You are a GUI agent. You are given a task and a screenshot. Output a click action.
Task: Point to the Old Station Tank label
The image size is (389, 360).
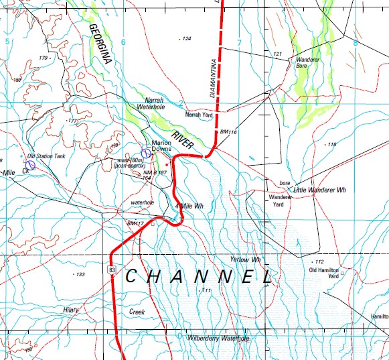(x=46, y=156)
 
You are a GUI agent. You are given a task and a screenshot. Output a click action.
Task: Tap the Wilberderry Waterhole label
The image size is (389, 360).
(x=218, y=339)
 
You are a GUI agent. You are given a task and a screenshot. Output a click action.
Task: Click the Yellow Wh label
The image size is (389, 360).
(x=244, y=259)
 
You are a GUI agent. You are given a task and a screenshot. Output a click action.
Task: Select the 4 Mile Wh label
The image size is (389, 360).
(x=189, y=206)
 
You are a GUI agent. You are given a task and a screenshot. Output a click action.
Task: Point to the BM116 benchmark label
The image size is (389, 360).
(x=228, y=133)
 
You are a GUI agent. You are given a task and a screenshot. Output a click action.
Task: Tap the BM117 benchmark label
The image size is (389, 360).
(x=135, y=223)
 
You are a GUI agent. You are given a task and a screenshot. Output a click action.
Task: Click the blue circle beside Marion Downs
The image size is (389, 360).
(x=146, y=154)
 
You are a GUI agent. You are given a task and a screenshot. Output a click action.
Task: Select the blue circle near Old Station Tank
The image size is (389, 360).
(x=30, y=165)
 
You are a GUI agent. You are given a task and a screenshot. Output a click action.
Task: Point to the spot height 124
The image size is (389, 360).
(x=186, y=39)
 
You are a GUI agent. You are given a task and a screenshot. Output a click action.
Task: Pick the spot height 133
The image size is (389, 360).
(x=80, y=275)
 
